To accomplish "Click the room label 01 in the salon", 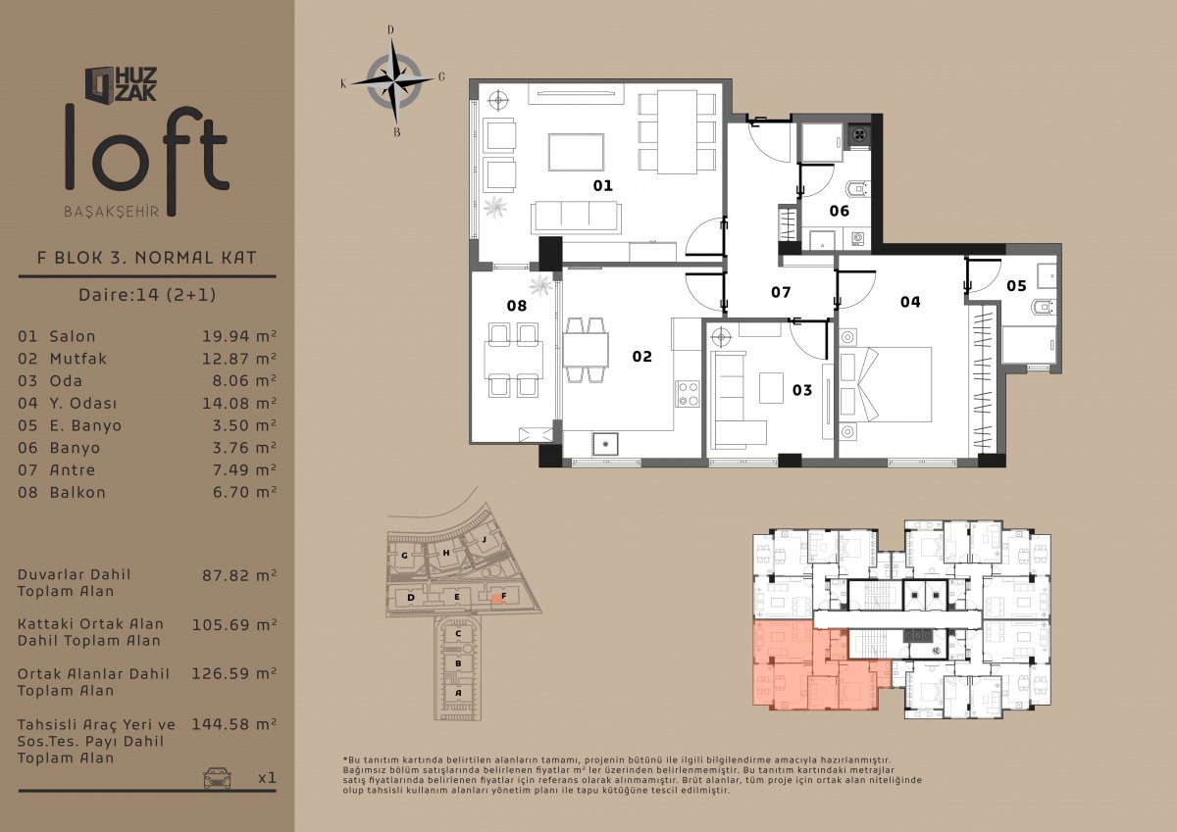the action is click(x=602, y=185).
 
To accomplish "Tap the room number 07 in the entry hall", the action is click(x=781, y=292).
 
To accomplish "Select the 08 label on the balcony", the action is click(x=517, y=306).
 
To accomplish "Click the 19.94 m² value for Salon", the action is click(x=239, y=336).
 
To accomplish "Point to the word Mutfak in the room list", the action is click(x=78, y=359).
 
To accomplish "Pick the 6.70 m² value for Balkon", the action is click(x=244, y=492).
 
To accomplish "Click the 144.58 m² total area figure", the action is click(x=233, y=724).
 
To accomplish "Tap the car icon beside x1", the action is click(x=217, y=777).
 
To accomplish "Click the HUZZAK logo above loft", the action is click(x=122, y=84).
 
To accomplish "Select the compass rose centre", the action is click(x=393, y=81).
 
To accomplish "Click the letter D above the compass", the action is click(x=390, y=30).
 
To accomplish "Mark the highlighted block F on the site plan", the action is click(x=497, y=598).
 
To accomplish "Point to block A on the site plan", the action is click(x=458, y=693).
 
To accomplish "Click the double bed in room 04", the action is click(x=886, y=384).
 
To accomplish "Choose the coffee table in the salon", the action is click(x=576, y=152).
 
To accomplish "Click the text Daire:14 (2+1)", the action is click(x=147, y=294).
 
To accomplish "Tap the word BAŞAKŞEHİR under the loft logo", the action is click(x=112, y=212).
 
